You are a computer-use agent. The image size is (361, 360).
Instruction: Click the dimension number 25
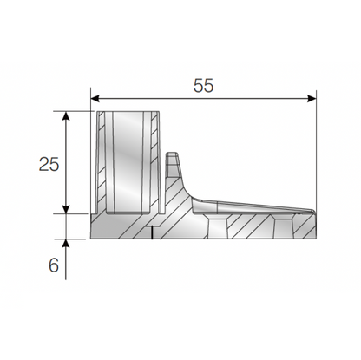(49, 164)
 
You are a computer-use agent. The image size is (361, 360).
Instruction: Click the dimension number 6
(54, 265)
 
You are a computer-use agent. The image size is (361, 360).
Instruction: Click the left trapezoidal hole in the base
(218, 227)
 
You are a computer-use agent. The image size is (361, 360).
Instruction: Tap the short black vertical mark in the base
(152, 232)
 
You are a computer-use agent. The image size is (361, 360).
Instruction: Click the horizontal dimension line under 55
(203, 100)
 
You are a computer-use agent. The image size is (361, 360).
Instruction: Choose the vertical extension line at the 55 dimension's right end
(316, 147)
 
